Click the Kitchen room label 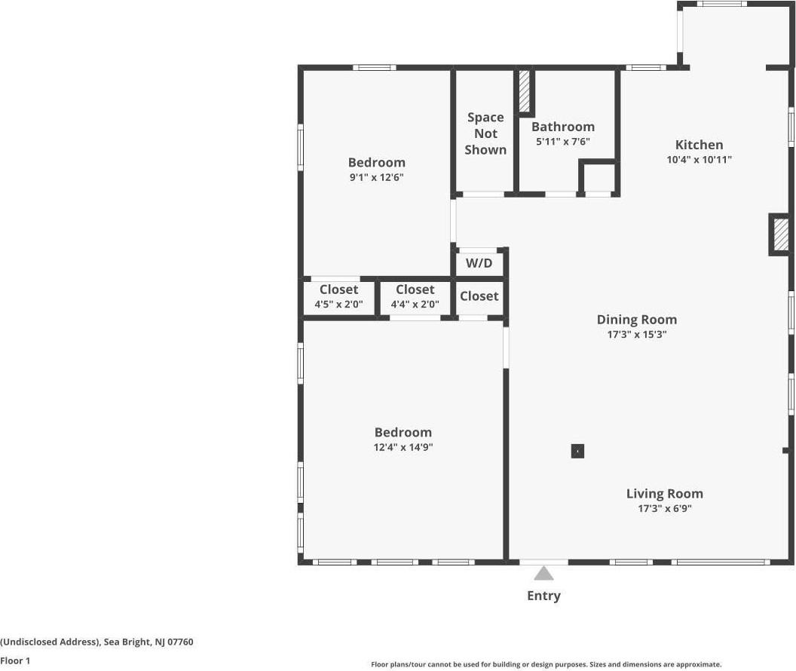tap(699, 145)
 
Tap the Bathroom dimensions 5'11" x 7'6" tap(563, 142)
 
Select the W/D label tap(479, 263)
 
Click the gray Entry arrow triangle tap(543, 573)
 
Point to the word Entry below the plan tap(543, 596)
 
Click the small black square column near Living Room tap(577, 451)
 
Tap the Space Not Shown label tap(485, 133)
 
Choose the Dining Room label tap(637, 320)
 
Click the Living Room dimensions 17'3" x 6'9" tap(665, 509)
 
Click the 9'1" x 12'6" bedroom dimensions tap(377, 177)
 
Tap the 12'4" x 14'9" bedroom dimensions tap(403, 447)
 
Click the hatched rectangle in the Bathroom tap(525, 91)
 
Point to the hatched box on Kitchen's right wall tap(780, 234)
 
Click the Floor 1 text tap(15, 660)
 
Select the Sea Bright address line tap(96, 642)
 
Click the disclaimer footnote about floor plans tap(546, 664)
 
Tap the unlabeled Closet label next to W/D tap(479, 296)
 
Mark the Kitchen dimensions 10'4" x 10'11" tap(699, 159)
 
